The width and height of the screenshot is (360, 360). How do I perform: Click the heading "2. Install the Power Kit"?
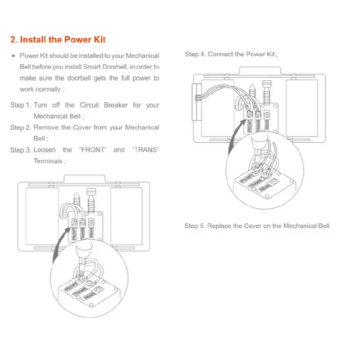click(58, 39)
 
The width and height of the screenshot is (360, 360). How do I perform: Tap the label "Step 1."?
click(20, 105)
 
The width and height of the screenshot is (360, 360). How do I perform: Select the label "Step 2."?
click(20, 128)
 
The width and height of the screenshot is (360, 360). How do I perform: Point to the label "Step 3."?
click(20, 150)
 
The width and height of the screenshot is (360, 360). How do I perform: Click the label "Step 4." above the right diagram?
click(195, 55)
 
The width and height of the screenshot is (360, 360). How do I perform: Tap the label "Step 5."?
click(195, 226)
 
